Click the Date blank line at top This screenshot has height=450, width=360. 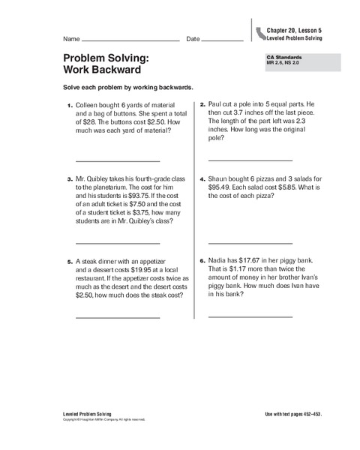click(223, 38)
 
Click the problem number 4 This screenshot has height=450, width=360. click(202, 180)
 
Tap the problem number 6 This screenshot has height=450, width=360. click(202, 260)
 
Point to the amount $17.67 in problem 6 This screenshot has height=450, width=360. click(253, 260)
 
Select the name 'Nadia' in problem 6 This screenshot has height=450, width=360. click(219, 260)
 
